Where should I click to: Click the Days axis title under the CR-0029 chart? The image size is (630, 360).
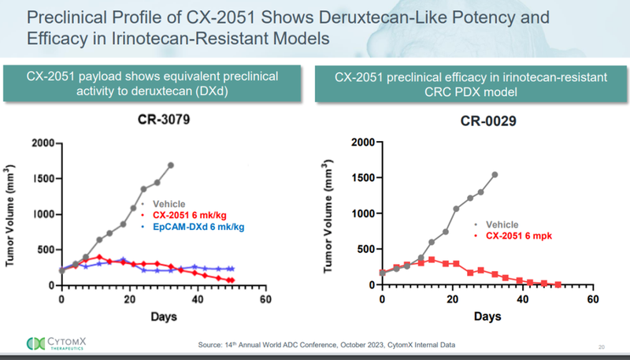pyautogui.click(x=487, y=317)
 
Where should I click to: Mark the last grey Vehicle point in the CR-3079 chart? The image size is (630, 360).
pyautogui.click(x=171, y=165)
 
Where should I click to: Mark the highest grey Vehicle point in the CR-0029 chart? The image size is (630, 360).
pyautogui.click(x=495, y=175)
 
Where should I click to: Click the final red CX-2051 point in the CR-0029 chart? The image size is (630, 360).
pyautogui.click(x=558, y=284)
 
